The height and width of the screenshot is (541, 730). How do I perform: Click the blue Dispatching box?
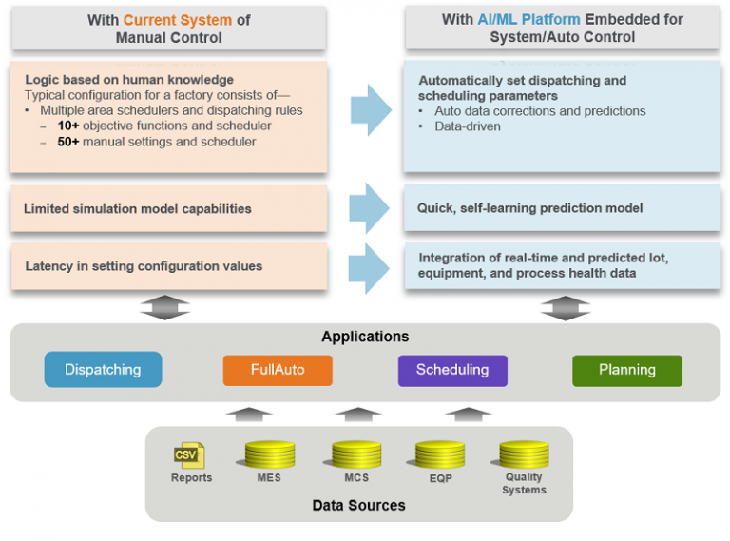point(103,370)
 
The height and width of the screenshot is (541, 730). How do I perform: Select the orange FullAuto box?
point(278,370)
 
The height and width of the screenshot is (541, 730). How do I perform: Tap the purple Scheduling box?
point(452,370)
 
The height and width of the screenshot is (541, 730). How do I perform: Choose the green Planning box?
point(626,370)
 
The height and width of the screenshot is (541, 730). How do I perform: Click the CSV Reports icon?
point(188,455)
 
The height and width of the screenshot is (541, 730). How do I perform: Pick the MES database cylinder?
point(269,454)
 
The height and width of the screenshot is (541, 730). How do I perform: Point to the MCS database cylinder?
point(356,454)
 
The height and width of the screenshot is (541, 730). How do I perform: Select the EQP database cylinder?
point(440,454)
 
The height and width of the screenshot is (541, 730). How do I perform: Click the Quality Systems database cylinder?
point(524,454)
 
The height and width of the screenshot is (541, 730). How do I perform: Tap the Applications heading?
point(365,337)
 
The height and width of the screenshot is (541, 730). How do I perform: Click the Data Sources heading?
point(358,505)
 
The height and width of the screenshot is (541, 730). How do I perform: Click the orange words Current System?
point(179,20)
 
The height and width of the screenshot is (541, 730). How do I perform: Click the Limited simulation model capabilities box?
point(168,208)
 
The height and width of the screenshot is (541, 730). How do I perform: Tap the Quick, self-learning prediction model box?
point(561,207)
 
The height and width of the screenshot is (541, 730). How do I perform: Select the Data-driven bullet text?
point(468,126)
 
